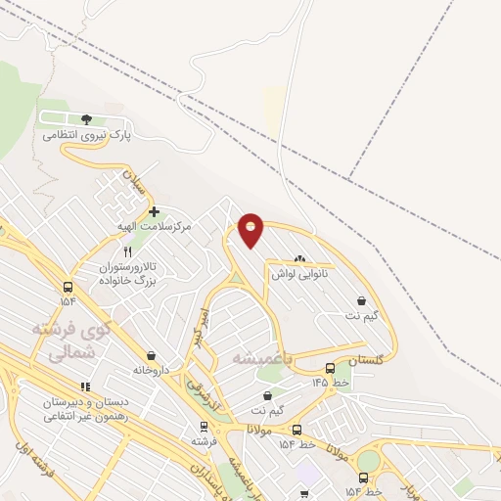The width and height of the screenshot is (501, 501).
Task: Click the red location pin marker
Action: click(x=251, y=229)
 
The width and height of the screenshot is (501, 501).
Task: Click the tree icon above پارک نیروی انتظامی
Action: click(x=86, y=118)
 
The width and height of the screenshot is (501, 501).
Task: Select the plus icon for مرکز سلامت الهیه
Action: click(x=154, y=211)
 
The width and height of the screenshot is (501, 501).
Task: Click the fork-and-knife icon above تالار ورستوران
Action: click(x=127, y=251)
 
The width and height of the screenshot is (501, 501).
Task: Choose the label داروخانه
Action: click(x=151, y=371)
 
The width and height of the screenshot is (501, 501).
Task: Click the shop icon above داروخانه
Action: click(x=151, y=355)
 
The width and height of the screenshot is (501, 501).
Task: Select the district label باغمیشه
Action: click(x=261, y=359)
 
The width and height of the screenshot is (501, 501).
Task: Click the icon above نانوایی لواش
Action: click(x=299, y=258)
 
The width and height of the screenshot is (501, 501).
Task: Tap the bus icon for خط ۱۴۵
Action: click(x=330, y=369)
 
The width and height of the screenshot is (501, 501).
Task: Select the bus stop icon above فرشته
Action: click(x=204, y=426)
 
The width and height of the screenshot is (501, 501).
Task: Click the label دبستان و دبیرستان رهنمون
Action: click(x=83, y=409)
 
